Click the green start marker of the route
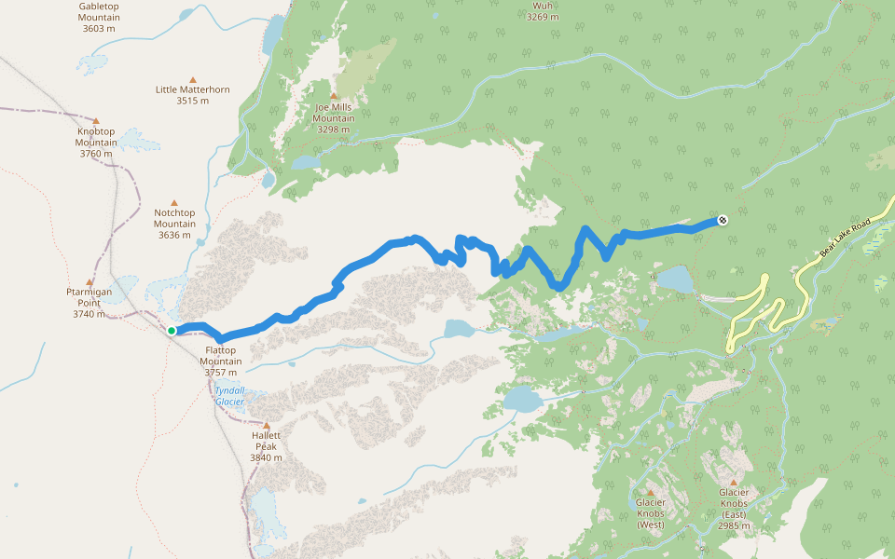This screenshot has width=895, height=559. (172, 330)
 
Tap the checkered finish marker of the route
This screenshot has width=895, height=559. (723, 221)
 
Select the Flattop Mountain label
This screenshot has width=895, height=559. (221, 361)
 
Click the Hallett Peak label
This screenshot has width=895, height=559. (266, 446)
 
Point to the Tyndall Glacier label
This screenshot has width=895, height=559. (229, 396)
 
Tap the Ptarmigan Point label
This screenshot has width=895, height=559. (89, 303)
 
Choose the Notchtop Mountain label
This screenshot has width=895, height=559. (174, 224)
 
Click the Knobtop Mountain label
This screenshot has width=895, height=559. (96, 143)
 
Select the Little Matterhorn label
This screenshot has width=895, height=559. (193, 95)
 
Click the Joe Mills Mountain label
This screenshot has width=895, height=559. (333, 118)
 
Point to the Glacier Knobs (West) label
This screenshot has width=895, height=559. (650, 513)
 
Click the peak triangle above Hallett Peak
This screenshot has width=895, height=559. (266, 426)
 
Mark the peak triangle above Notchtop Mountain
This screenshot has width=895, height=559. (173, 202)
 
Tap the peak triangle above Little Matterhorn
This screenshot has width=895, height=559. (193, 79)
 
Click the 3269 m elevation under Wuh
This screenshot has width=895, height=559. (543, 17)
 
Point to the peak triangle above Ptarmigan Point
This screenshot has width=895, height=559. (89, 282)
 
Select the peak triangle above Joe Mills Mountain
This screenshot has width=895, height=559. (333, 95)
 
